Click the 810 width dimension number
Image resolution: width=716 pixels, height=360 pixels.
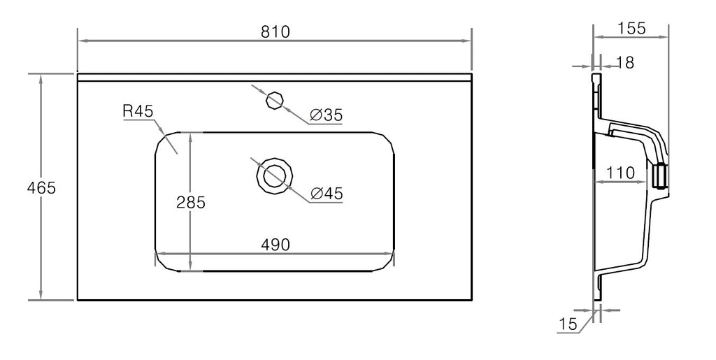click(275, 31)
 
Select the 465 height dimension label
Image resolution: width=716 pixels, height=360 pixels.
click(41, 187)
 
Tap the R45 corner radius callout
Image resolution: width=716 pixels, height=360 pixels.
click(138, 111)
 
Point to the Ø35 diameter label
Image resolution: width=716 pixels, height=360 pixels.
click(326, 115)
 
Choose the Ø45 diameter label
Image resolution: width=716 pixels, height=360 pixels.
click(326, 194)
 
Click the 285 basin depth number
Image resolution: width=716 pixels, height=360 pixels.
click(191, 202)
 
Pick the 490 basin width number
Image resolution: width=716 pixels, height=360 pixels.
click(275, 245)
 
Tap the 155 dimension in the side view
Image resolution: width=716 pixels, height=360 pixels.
click(632, 28)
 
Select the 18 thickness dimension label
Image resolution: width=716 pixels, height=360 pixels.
click(625, 62)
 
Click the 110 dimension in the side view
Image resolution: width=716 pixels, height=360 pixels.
click(621, 173)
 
